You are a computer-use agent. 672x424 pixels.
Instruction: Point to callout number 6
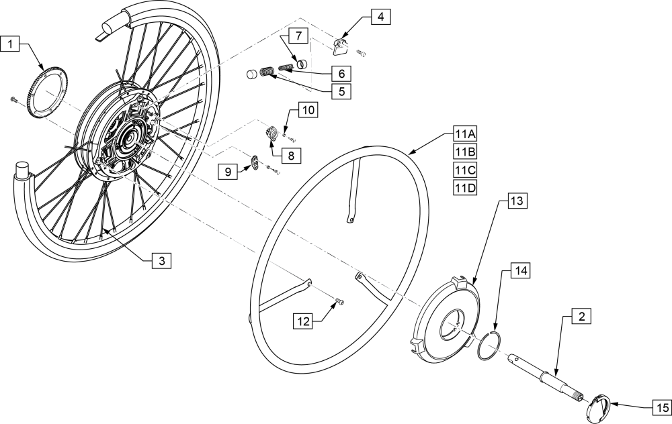tap(341, 72)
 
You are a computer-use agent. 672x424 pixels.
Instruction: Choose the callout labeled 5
tap(341, 90)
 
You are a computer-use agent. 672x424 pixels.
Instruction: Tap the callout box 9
tap(228, 172)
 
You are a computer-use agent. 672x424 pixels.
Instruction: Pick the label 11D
tap(465, 189)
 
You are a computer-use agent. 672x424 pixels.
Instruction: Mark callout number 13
tap(517, 201)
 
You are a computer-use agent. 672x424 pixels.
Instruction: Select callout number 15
tap(661, 407)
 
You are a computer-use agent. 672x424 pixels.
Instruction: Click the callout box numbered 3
tap(161, 260)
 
